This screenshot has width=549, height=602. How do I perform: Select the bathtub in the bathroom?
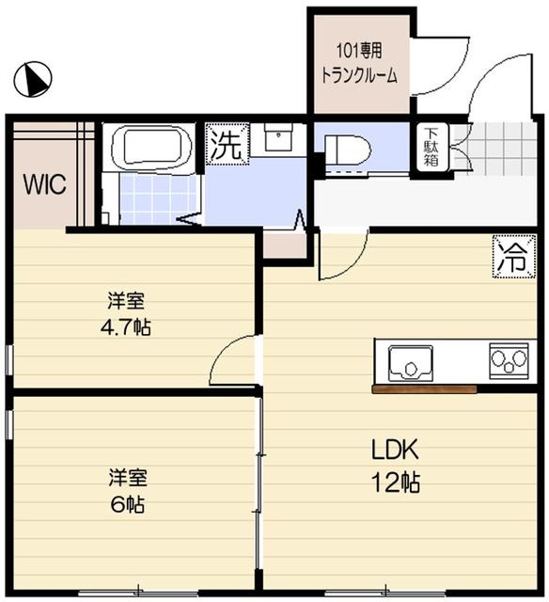pos(152,148)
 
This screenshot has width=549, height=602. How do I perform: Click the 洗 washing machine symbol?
pos(225,146)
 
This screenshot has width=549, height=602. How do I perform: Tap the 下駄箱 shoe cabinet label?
pos(431,149)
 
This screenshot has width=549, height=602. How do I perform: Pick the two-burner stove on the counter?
pos(508,359)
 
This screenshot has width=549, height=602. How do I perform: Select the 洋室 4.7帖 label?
pos(130,314)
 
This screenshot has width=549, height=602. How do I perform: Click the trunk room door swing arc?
pos(436,71)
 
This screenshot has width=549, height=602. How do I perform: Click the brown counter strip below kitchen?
pos(424,388)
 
